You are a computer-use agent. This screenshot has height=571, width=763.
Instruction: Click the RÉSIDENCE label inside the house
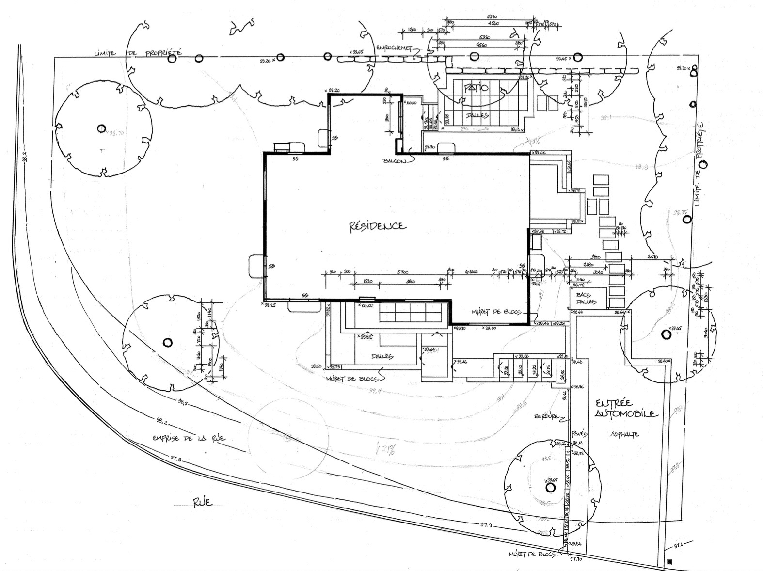coord(378,226)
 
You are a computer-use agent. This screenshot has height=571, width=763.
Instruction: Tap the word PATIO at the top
coord(477,88)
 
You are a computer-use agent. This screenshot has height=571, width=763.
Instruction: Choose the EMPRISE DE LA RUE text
coord(189,438)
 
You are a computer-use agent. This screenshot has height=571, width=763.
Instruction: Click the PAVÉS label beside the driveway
coord(579,432)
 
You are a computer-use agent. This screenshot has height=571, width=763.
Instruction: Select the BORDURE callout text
coord(547,416)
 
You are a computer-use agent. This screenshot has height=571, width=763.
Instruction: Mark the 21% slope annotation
coord(385,449)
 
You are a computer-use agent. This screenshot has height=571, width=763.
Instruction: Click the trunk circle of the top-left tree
coord(101,128)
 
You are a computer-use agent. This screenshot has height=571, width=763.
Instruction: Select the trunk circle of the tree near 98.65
coord(550,486)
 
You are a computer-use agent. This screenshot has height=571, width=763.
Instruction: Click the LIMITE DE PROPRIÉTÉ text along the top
coord(138,52)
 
